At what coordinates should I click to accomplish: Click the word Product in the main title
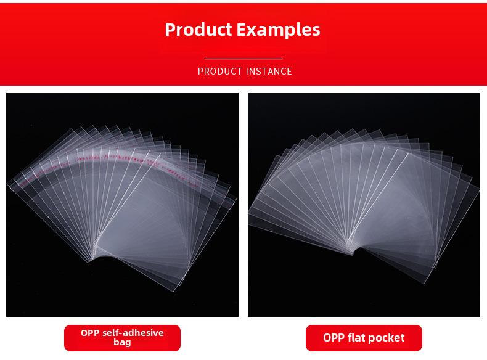coord(198,30)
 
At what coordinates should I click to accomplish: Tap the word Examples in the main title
coord(278,30)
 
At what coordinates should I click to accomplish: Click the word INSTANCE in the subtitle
coord(269,72)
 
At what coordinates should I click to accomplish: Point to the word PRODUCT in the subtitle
coord(220,72)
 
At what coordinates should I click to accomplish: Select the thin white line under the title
coord(243,59)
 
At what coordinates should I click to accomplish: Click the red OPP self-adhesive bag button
coord(122,338)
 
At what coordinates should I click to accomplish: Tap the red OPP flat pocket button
coord(364,338)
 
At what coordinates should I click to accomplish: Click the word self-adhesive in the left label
coord(133,333)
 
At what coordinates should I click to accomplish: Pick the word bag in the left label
coord(122,342)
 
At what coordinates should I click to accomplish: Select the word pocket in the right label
coord(387,338)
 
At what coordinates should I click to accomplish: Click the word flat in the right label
coord(357,337)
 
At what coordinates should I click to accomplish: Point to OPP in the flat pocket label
coord(334,338)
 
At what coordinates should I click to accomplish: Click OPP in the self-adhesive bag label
coord(90,333)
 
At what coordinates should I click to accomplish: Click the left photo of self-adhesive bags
coord(123,205)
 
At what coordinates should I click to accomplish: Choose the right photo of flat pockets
coord(364,205)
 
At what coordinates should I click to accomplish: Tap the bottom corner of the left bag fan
coord(173,292)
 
